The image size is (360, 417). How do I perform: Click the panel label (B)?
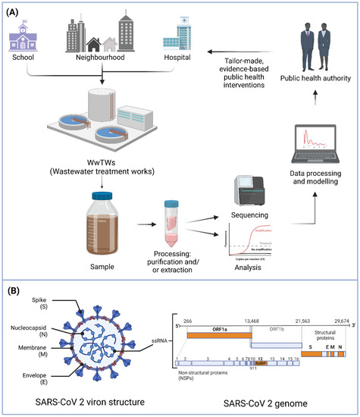[x=14, y=290]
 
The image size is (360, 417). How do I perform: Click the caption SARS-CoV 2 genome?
[x=258, y=400]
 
